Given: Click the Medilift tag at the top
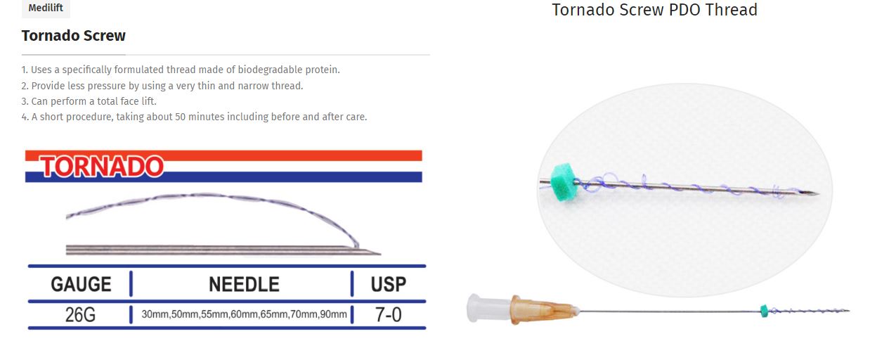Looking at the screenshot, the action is pos(46,8).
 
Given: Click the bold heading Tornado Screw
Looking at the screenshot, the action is pos(73,36).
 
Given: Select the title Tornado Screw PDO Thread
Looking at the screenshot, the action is pos(654,10).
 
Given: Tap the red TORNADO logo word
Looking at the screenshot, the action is pos(102,167).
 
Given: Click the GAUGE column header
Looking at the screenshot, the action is pos(81,284).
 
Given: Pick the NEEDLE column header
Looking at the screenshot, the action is pos(244,284).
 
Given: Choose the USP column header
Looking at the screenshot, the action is pos(389,284).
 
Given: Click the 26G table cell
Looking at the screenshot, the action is pos(80,314).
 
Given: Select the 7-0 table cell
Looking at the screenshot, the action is pos(388,314).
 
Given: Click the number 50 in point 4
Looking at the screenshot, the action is pos(180,117).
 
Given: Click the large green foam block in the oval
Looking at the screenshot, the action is pos(564,182).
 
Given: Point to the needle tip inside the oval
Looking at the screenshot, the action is pos(818,193).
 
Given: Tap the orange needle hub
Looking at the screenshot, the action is pos(544,310).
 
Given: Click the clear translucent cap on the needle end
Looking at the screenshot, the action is pos(488,308).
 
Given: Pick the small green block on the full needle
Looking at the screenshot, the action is pos(764,311).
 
